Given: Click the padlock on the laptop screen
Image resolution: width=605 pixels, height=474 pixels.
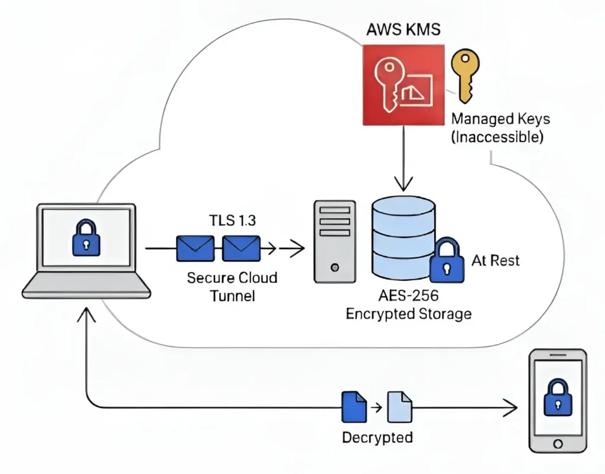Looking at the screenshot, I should (86, 240).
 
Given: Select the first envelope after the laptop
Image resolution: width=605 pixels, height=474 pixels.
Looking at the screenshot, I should (194, 249).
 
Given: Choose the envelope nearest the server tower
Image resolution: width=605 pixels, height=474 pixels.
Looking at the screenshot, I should (241, 249).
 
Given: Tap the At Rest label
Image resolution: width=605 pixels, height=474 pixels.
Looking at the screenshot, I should (496, 260).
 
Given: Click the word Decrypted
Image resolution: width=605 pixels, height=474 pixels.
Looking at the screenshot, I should (377, 437).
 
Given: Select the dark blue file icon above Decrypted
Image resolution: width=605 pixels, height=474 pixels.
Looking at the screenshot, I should (351, 407).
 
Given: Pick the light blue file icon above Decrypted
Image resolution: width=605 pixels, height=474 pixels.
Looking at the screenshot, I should (399, 407).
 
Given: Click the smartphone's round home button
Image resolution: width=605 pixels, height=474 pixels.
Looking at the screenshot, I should (557, 443).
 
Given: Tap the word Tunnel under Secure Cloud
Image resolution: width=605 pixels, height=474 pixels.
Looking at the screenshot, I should (232, 295).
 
